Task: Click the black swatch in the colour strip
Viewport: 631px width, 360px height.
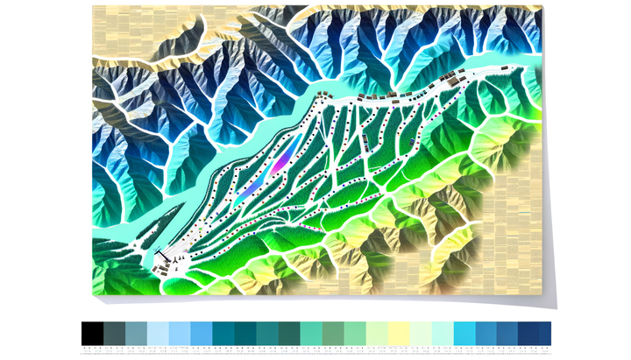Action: [x=92, y=333]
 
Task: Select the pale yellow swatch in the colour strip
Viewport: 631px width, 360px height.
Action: [x=399, y=333]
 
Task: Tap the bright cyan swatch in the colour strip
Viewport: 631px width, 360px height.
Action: [x=464, y=333]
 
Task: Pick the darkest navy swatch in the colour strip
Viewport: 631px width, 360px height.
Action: [x=535, y=333]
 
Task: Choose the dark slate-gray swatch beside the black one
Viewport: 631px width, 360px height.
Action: [x=114, y=333]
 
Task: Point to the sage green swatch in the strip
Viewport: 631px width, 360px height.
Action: [x=333, y=333]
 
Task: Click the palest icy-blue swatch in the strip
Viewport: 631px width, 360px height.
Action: [x=158, y=333]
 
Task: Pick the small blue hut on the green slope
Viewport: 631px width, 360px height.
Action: [x=410, y=141]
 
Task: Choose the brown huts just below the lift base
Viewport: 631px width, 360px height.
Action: [x=164, y=271]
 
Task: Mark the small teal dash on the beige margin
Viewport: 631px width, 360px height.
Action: [x=524, y=213]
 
